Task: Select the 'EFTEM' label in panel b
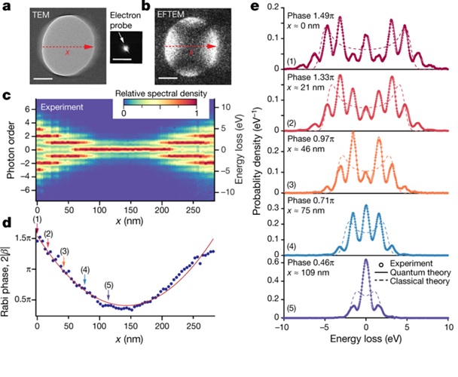(174, 14)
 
